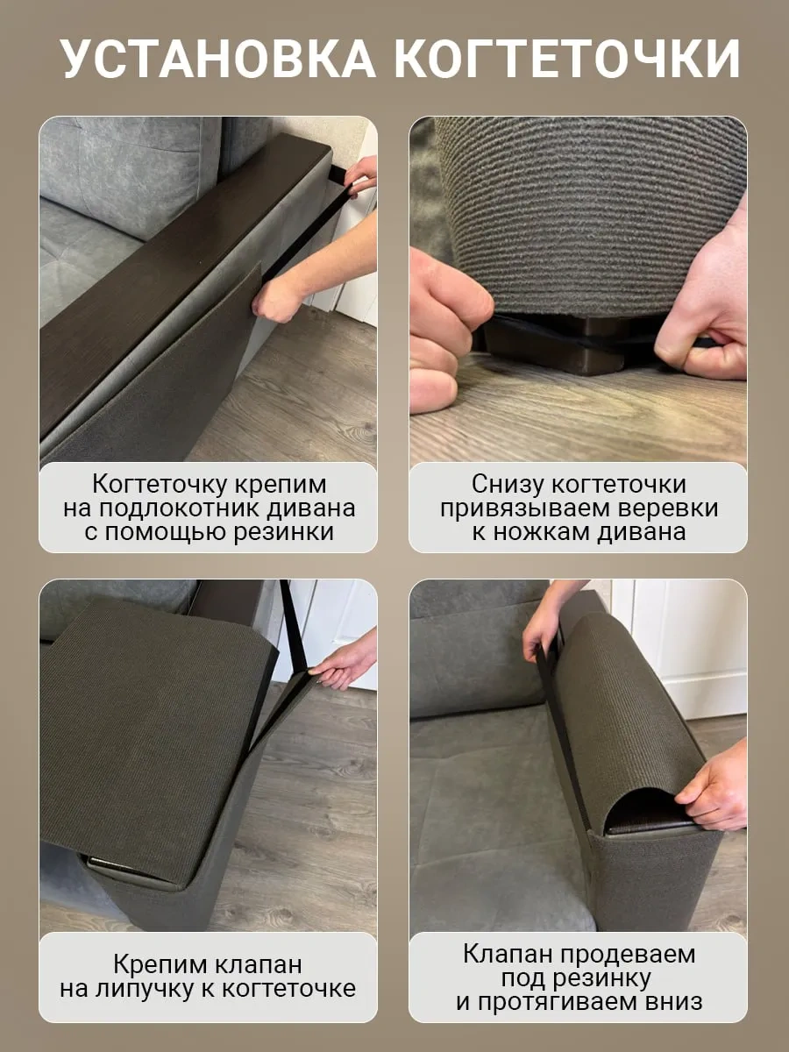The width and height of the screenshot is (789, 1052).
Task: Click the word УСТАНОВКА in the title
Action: pos(219,59)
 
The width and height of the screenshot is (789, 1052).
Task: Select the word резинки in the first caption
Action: pos(283,533)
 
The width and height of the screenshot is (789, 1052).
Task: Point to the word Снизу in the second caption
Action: pos(508,484)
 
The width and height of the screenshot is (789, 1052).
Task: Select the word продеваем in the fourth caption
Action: pos(628,941)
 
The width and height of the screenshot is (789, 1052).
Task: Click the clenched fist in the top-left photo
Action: pos(278,300)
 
